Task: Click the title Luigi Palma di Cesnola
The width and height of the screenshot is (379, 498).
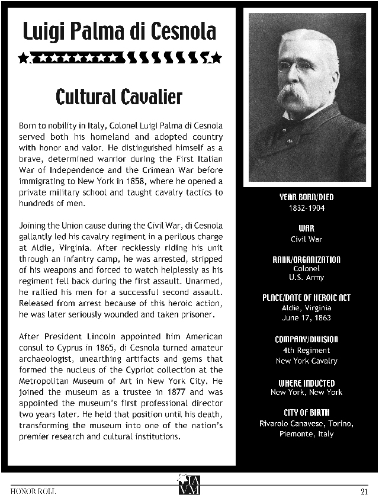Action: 119,31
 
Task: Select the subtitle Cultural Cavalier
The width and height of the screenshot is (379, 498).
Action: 119,97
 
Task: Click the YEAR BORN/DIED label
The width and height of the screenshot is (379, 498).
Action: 306,197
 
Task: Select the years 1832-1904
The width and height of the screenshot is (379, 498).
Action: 306,208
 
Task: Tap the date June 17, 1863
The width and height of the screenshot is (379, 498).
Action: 306,318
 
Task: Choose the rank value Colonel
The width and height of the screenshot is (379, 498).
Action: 306,268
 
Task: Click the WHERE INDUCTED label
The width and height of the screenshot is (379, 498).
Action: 306,383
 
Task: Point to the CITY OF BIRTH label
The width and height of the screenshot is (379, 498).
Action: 306,412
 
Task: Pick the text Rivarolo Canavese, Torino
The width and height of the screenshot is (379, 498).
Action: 306,423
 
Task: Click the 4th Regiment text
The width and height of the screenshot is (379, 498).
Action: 306,350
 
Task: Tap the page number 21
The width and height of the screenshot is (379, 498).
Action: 364,491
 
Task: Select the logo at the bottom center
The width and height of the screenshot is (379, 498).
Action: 189,484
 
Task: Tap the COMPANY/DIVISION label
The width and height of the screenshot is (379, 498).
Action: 306,339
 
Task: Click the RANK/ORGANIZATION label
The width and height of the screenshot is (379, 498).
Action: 306,259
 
